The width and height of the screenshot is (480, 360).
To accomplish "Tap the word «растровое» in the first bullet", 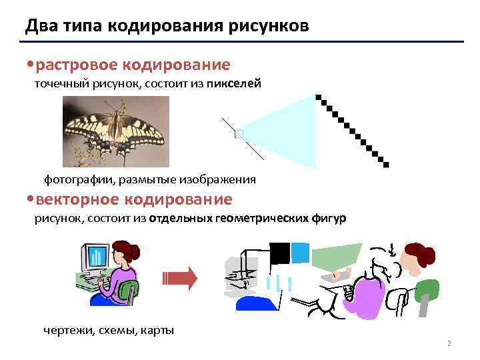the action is (75, 65).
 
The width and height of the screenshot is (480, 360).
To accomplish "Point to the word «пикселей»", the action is (235, 84).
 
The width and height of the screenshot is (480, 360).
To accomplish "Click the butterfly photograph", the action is (115, 131).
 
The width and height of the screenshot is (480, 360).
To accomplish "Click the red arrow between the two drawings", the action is (180, 277).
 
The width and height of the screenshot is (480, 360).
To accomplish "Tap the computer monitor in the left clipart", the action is (95, 257).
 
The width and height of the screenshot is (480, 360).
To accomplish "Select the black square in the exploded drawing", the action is (279, 252).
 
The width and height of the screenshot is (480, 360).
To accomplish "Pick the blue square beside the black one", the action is (301, 252).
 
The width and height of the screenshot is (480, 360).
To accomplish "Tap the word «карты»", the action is (158, 331).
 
